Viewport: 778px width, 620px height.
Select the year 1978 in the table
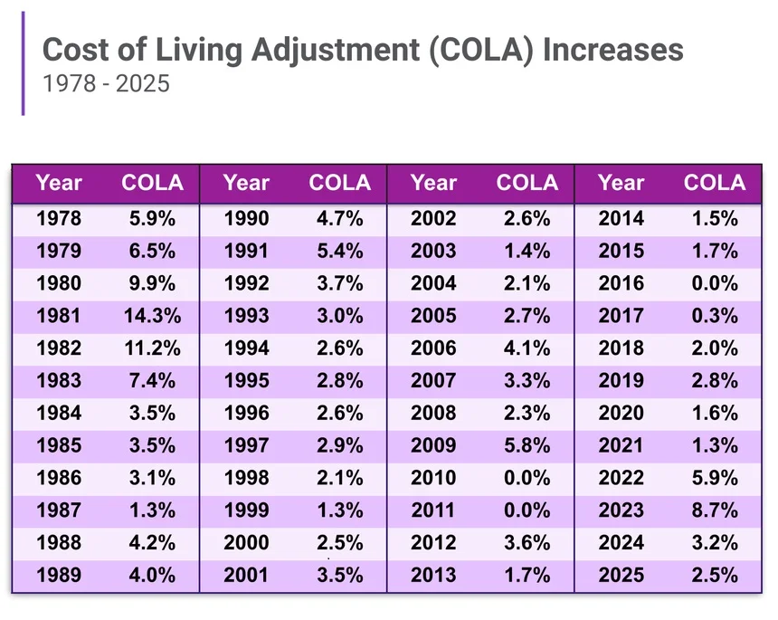coord(59,218)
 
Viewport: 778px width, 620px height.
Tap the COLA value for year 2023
coord(714,510)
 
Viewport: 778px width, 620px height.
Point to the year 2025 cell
coord(621,576)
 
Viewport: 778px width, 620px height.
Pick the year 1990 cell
coord(246,218)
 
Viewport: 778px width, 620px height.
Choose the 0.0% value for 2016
coord(714,283)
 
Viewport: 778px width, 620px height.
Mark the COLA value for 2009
coord(527,445)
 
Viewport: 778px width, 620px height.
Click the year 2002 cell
coord(433,218)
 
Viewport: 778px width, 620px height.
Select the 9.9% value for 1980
coord(152,283)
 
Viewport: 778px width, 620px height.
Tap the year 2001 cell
coord(246,576)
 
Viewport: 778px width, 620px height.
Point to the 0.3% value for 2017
coord(714,316)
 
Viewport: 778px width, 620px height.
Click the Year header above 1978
coord(59,183)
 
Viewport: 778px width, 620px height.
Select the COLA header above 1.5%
coord(714,183)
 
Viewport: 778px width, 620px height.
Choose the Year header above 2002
coord(433,183)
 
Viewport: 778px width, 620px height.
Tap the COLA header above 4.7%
coord(339,183)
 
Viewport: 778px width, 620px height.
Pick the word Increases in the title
coord(612,50)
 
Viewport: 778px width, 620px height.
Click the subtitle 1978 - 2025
coord(106,84)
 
